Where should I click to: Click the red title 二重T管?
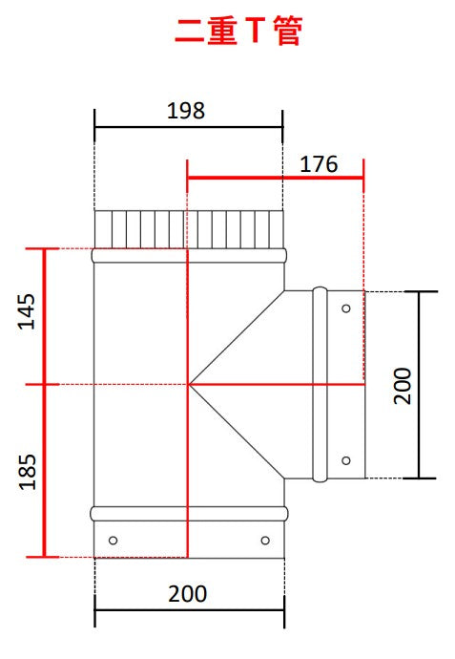238,31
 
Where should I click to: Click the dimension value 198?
186,111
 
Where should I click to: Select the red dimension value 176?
319,164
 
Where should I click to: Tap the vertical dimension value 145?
27,311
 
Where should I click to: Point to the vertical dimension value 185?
28,472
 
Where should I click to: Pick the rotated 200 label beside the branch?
403,386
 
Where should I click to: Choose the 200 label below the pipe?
188,594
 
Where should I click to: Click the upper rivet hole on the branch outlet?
346,308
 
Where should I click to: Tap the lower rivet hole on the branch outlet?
346,460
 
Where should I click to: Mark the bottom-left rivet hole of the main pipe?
113,540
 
